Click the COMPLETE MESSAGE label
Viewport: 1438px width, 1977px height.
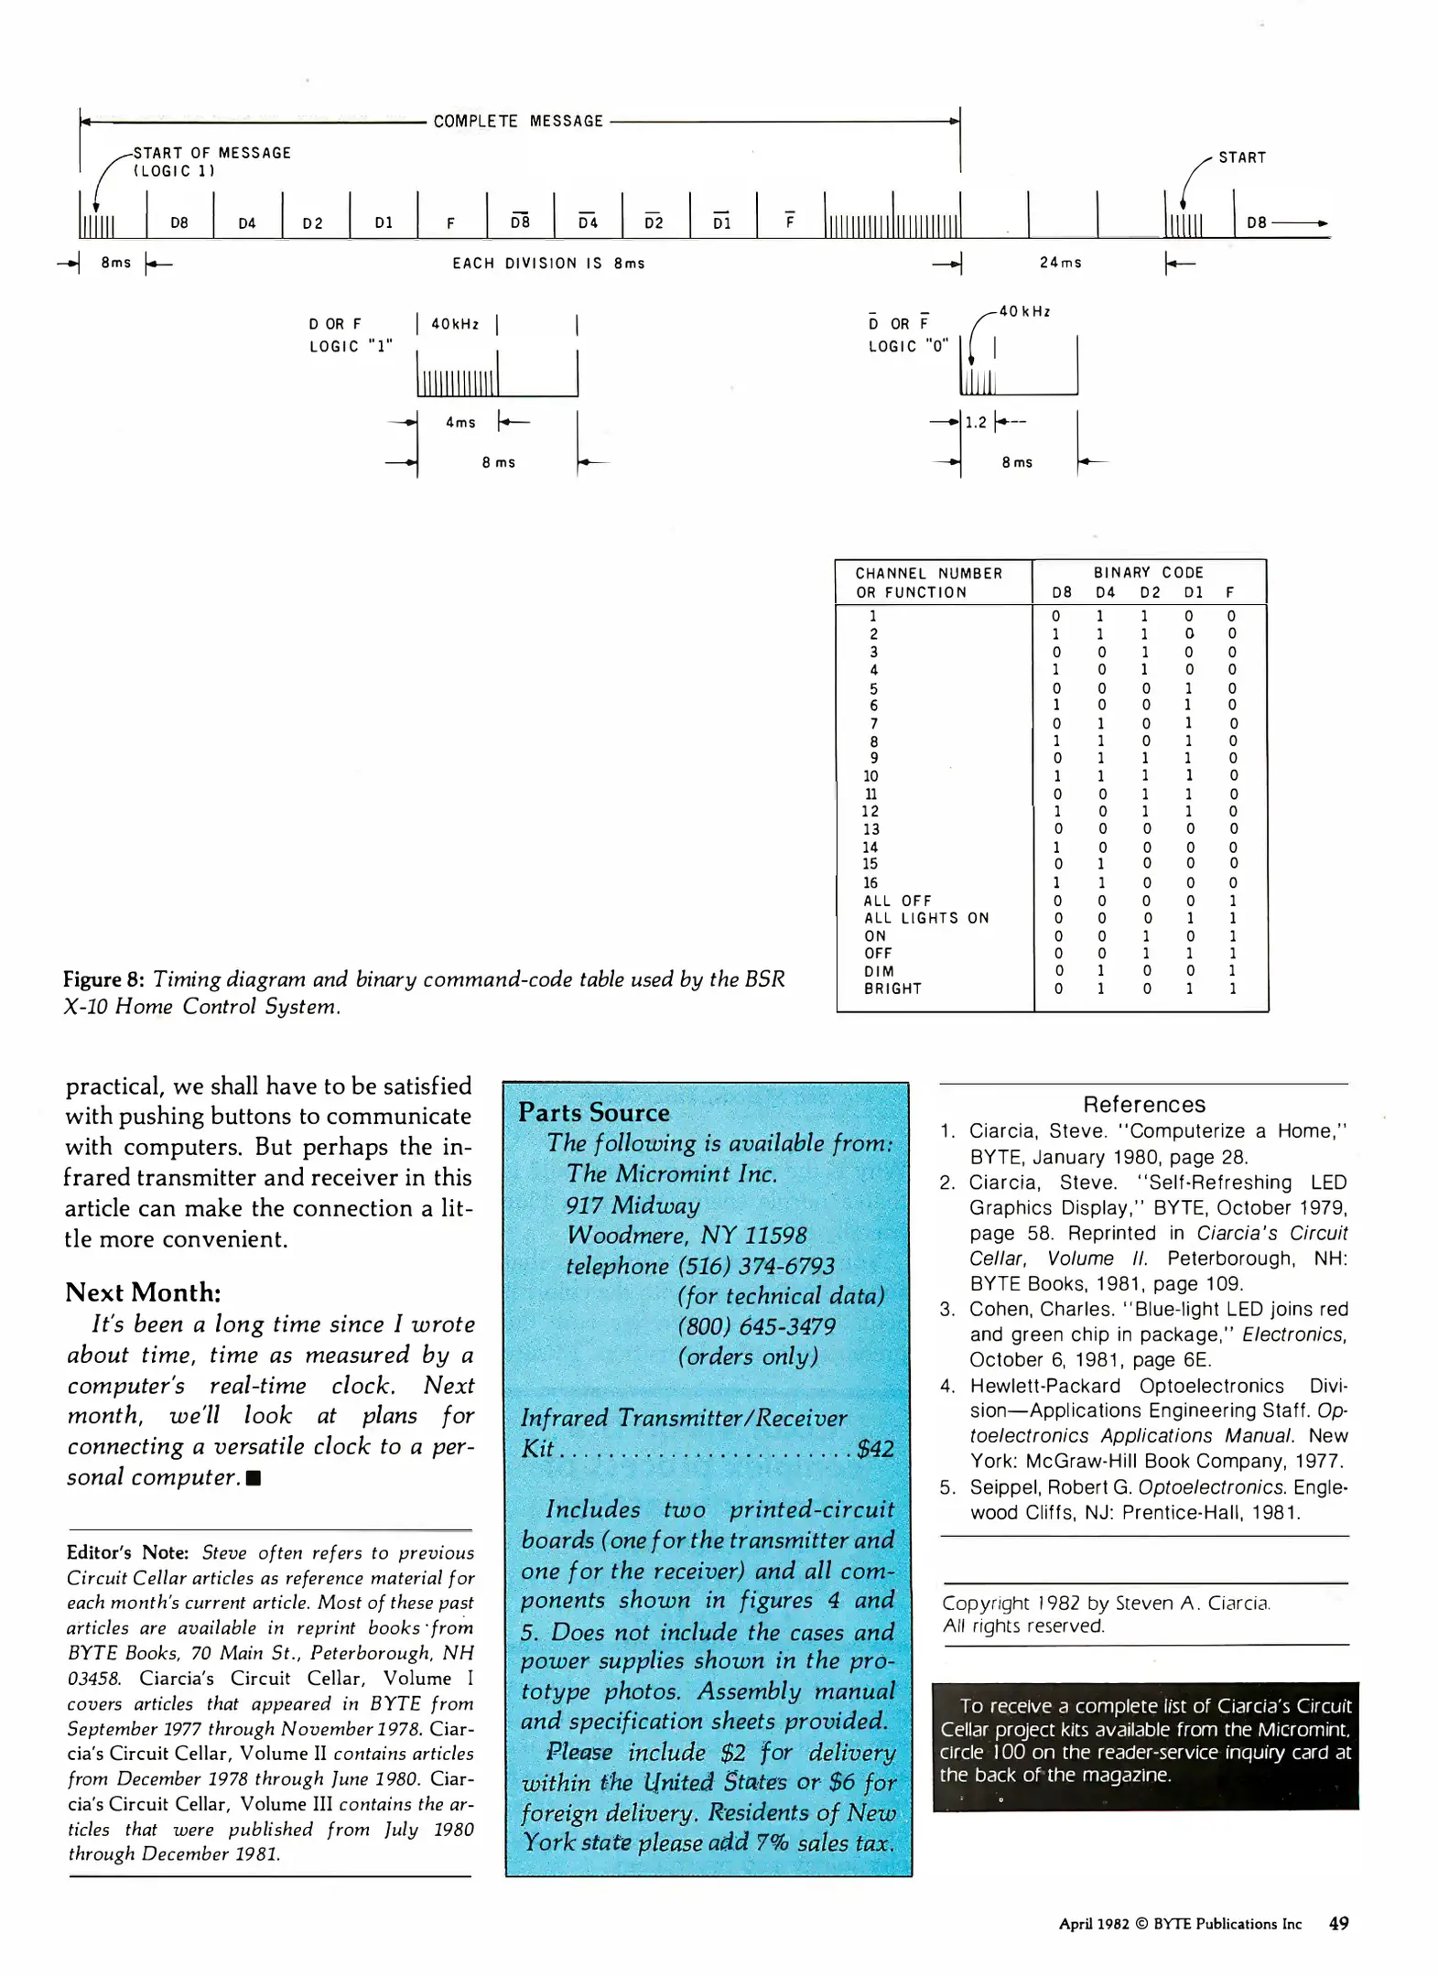518,121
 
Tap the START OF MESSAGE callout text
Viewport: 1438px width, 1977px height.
211,153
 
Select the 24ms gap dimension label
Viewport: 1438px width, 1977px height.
1060,263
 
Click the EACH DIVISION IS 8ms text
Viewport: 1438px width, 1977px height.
548,264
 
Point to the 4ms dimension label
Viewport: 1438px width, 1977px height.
460,422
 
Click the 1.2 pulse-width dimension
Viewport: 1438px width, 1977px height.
976,422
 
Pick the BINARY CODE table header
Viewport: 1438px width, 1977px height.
1148,572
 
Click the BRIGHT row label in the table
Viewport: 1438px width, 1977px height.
892,988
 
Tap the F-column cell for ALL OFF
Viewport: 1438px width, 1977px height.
1232,901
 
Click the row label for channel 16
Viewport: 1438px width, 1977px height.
870,882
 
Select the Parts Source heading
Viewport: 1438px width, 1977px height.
593,1112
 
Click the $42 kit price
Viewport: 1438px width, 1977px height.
875,1448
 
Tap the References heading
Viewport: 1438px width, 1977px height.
1144,1104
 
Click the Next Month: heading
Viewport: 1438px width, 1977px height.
143,1292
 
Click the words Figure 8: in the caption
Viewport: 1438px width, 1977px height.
103,979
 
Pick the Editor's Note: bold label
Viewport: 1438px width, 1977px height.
127,1552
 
